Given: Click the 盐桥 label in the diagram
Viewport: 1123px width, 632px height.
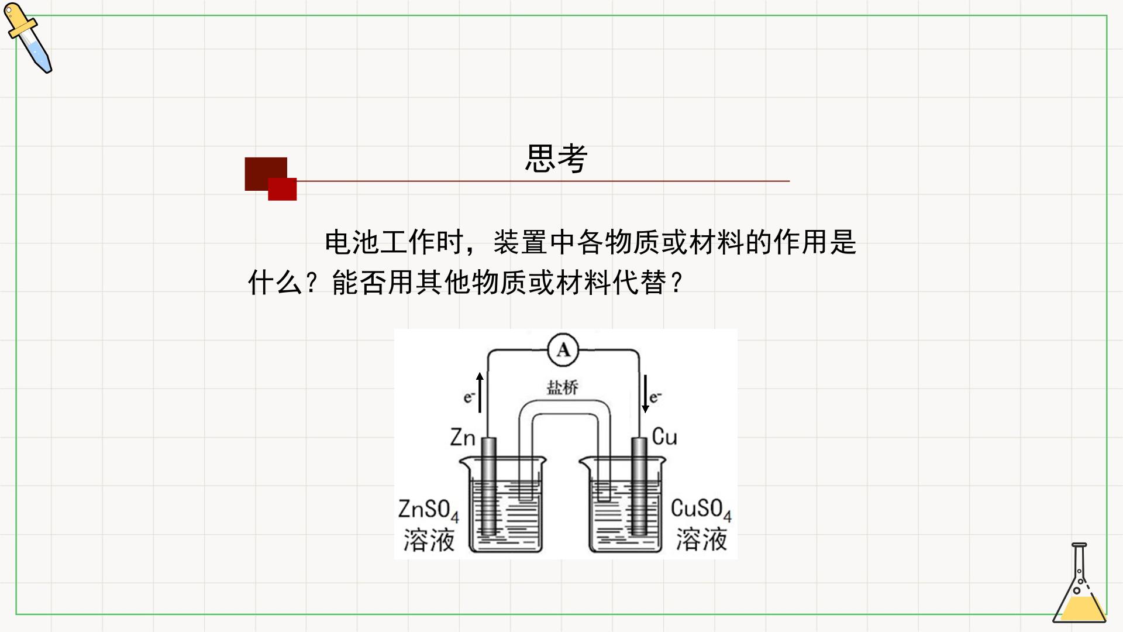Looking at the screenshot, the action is (562, 387).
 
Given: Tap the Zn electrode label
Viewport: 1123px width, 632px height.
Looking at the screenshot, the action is (463, 437).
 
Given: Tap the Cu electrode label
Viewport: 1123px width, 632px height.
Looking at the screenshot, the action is (664, 437).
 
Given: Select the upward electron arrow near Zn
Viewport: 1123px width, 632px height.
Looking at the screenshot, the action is (480, 392).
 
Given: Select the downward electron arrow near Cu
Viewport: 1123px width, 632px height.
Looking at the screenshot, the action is (645, 393).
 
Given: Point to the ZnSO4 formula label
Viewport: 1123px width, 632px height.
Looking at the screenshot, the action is (428, 510).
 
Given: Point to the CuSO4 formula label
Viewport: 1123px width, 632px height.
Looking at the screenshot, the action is (701, 509).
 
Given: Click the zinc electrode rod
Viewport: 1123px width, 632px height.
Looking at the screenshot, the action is (489, 486).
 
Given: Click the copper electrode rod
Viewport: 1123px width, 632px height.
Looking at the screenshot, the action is (639, 486).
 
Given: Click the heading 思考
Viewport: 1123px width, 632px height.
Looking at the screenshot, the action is (556, 158).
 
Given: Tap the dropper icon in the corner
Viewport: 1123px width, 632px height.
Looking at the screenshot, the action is (28, 38).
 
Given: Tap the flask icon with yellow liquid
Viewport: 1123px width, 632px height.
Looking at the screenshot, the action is (1080, 583).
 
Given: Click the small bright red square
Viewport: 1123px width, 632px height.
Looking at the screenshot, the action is (283, 189).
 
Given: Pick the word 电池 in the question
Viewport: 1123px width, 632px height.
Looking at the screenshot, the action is (352, 242).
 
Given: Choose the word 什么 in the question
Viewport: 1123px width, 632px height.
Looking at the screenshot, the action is (275, 283).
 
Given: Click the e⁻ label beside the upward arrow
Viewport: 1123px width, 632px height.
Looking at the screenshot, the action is (469, 397).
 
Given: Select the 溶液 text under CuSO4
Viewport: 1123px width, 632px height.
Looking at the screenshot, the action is (701, 540).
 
